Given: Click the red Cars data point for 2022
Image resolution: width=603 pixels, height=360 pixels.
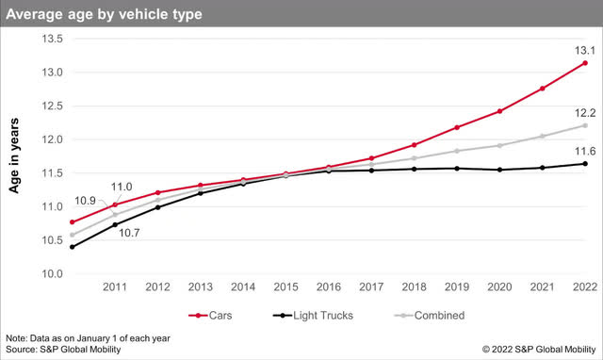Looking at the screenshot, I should click(585, 63).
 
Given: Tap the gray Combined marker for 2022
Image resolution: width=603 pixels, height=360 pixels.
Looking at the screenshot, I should click(585, 125).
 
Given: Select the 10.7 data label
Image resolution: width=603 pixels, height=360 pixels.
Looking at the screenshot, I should click(129, 234).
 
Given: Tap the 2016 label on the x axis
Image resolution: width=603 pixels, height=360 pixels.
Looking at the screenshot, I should click(329, 286).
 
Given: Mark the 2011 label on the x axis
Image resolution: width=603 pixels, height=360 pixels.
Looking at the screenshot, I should click(115, 286).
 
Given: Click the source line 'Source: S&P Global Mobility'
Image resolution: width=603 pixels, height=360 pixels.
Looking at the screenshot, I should click(63, 350).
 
